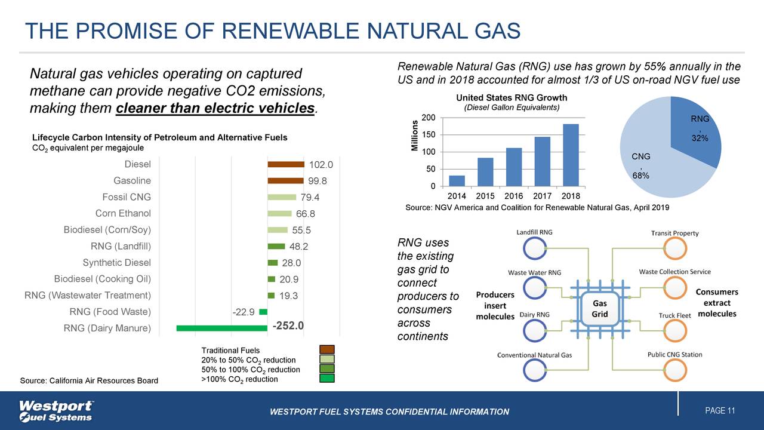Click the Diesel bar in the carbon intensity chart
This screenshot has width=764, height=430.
(286, 164)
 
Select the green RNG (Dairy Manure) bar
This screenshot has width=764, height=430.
(221, 328)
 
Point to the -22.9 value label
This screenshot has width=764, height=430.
(244, 312)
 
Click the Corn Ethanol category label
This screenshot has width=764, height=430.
(123, 214)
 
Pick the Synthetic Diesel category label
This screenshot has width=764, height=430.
(116, 263)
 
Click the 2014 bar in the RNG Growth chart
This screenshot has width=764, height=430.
(457, 181)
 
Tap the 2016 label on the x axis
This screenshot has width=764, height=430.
(513, 195)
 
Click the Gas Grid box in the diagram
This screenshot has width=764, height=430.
(599, 309)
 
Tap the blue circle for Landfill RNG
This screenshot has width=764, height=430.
(534, 248)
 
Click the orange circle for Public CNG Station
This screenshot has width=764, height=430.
(675, 370)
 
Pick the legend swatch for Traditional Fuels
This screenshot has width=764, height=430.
(326, 350)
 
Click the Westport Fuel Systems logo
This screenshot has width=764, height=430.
(56, 411)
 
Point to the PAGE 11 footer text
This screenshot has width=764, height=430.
(719, 411)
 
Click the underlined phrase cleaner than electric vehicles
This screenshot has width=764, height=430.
(215, 109)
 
